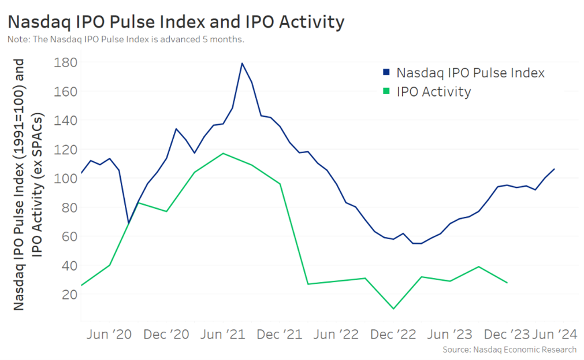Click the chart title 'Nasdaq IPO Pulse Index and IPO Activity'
coord(176,22)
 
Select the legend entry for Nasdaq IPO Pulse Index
coord(470,73)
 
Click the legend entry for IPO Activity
coord(433,91)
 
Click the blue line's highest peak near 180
coord(242,63)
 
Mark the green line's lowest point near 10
coord(394,309)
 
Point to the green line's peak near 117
coord(223,153)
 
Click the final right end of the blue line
coord(555,169)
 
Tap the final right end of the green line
coord(507,283)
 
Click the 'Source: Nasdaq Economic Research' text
coord(509,350)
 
